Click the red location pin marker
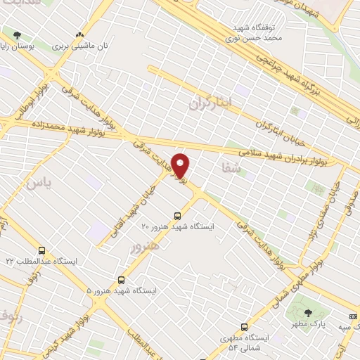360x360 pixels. coord(181,165)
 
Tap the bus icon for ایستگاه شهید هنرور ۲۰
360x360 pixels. coord(177,215)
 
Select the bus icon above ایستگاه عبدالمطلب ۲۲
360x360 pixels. coord(42,250)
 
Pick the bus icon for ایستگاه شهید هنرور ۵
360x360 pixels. coord(122,279)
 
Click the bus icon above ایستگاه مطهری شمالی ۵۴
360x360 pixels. coord(244,327)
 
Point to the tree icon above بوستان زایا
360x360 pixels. coord(17,34)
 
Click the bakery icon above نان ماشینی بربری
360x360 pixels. coord(79,34)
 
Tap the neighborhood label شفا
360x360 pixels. coord(231,169)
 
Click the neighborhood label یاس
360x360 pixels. coord(34,184)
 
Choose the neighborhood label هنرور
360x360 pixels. coord(146,246)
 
